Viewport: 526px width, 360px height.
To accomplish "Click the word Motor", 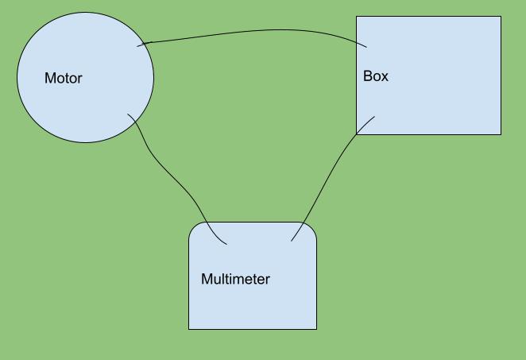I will click(x=63, y=78).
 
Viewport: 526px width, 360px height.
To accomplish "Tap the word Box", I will click(x=376, y=76).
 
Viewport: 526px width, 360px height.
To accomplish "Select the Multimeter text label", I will click(x=235, y=279).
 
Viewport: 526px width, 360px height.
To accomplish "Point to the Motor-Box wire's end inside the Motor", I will click(x=137, y=46).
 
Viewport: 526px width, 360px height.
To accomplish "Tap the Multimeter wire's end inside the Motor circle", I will click(x=128, y=114).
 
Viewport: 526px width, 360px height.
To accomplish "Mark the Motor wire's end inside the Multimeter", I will click(x=227, y=243).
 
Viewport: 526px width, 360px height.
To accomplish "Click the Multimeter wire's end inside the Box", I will click(x=374, y=118).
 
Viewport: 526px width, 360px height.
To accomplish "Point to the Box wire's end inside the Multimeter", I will click(x=292, y=241).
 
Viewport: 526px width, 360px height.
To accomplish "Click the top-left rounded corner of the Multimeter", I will click(x=193, y=227).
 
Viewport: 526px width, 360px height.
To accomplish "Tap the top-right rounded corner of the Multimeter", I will click(x=311, y=227).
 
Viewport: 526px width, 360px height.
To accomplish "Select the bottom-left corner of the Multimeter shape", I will click(x=189, y=328).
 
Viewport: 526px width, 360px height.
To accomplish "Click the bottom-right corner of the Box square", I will click(x=501, y=134).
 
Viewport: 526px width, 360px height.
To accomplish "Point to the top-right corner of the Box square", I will click(x=501, y=17).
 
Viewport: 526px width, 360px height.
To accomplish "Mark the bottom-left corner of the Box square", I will click(x=357, y=134).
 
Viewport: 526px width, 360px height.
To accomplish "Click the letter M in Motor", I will click(x=49, y=78).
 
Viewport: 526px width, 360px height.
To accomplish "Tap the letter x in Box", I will click(x=385, y=77).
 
